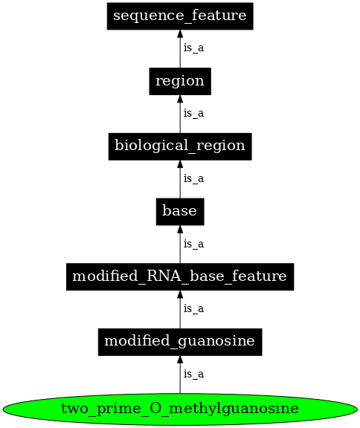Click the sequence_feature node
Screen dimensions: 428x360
click(179, 16)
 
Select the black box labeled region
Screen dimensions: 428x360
click(179, 80)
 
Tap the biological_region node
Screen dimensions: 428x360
click(179, 146)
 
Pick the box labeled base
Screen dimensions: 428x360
click(179, 211)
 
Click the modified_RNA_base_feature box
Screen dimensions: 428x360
click(179, 276)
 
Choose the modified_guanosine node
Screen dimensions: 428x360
click(179, 342)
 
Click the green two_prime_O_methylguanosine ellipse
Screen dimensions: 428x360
click(179, 408)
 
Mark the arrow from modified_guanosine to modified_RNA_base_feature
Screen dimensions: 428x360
click(179, 310)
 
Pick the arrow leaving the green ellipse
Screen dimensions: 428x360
click(179, 375)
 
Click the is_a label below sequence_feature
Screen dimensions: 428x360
click(193, 48)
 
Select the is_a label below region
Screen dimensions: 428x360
click(193, 114)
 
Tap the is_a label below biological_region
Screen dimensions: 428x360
click(193, 179)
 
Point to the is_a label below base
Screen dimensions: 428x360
click(193, 244)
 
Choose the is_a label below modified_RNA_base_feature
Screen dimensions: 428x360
click(193, 309)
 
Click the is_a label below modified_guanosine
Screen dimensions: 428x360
click(193, 374)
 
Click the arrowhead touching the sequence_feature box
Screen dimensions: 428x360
click(179, 35)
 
